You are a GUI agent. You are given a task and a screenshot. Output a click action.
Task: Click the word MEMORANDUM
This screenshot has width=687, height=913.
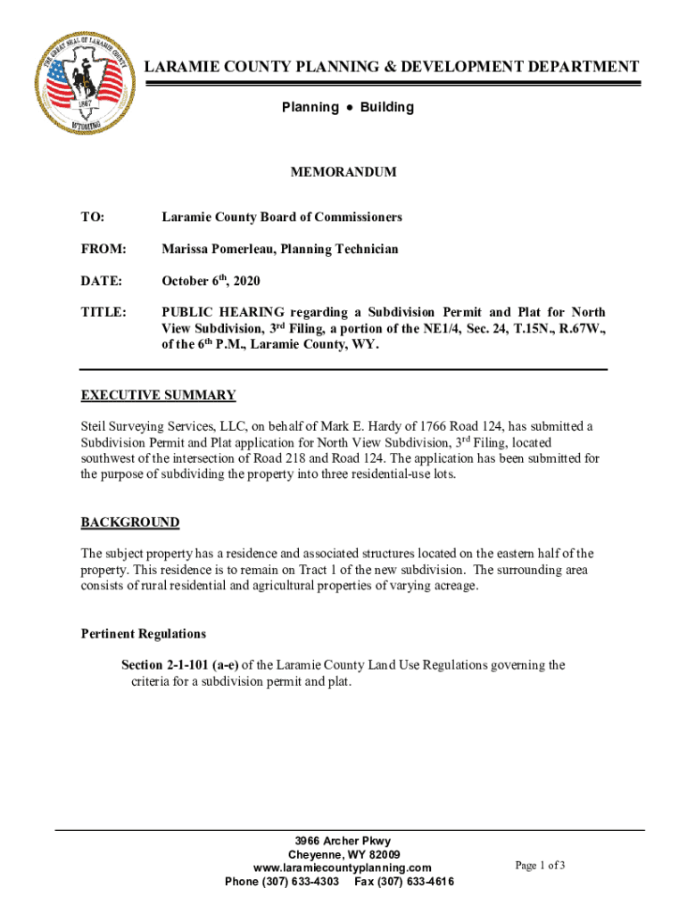[x=343, y=172]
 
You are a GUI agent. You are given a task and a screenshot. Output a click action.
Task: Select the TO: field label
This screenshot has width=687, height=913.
[x=93, y=217]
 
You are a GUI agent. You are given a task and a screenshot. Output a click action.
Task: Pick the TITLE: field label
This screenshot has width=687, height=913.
[x=103, y=313]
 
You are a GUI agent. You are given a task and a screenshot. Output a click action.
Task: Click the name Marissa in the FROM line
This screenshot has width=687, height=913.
[x=186, y=249]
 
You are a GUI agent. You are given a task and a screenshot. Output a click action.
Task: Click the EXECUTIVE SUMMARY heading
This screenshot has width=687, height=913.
[x=158, y=395]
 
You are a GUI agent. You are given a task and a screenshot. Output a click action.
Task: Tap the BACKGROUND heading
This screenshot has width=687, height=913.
[x=130, y=522]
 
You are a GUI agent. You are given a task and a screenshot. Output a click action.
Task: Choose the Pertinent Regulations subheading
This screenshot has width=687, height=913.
[x=144, y=634]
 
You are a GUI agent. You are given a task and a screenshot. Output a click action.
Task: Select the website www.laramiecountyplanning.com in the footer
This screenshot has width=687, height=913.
[x=343, y=868]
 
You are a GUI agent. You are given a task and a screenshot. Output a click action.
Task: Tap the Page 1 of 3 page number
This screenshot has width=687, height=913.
[x=540, y=865]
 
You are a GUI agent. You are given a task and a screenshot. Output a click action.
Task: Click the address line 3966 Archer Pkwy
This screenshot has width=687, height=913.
[x=343, y=841]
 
